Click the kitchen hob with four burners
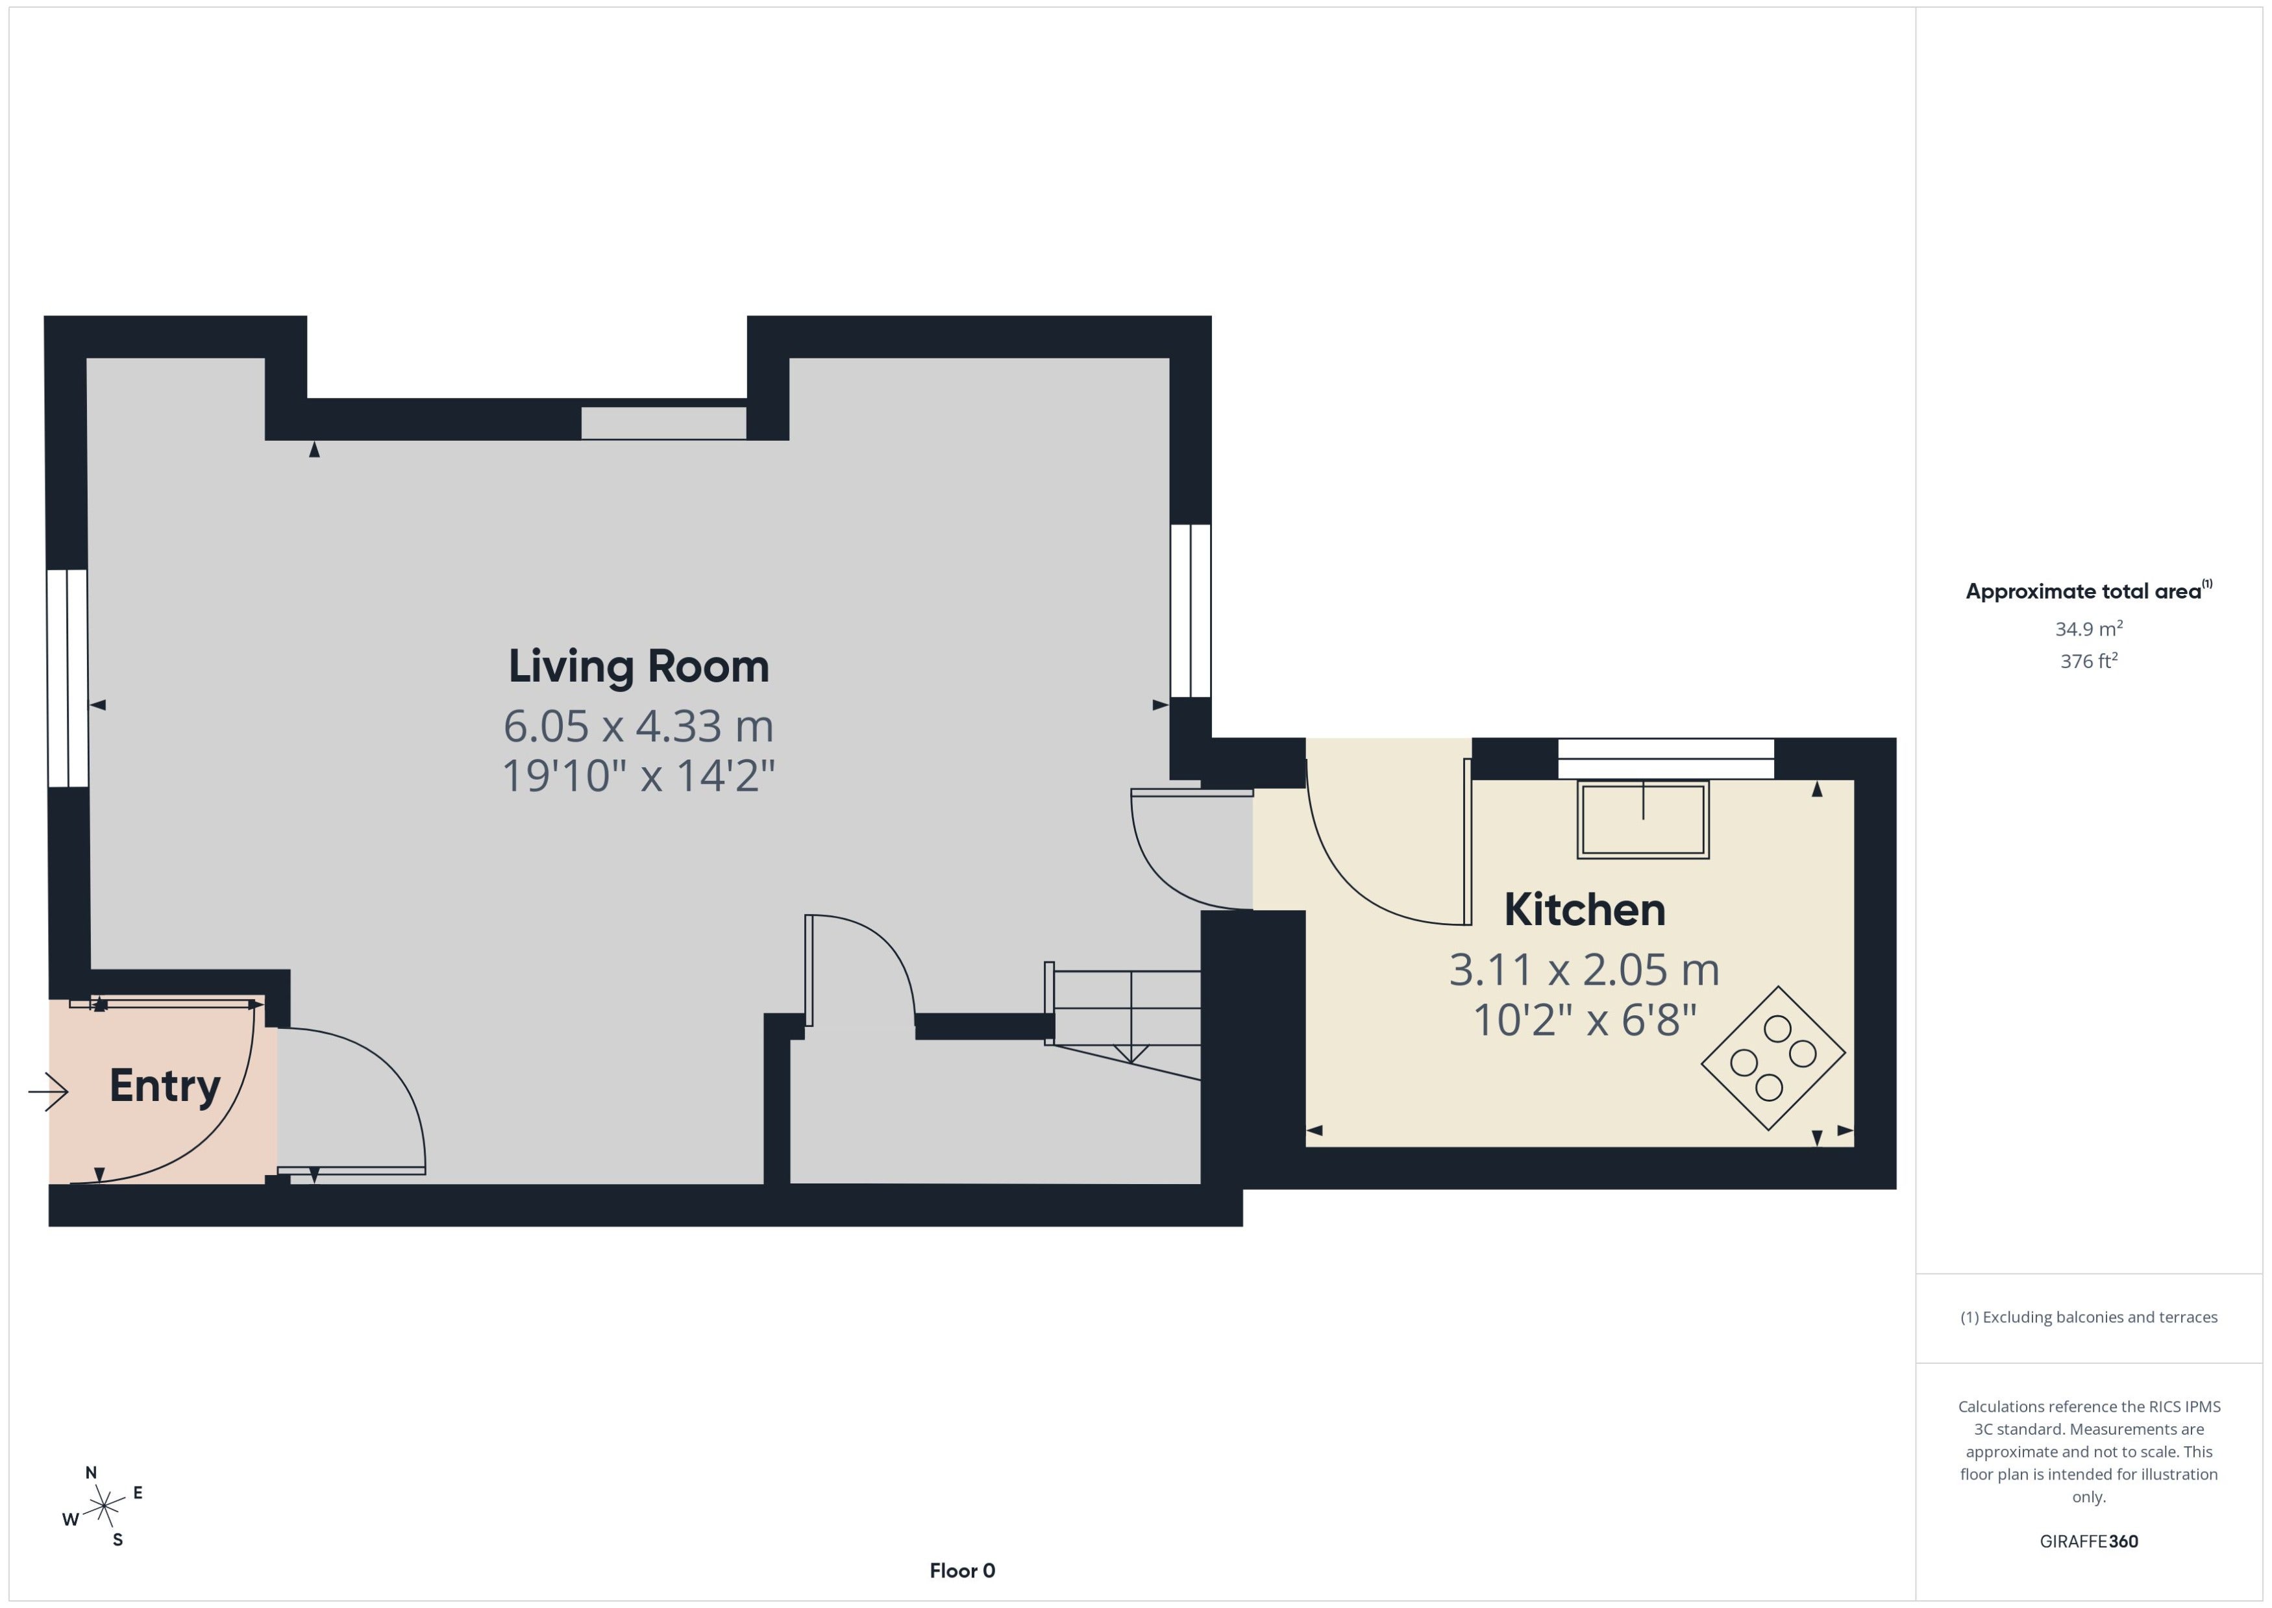click(x=1773, y=1058)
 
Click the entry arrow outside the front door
click(x=47, y=1092)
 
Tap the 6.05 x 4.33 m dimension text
click(x=639, y=726)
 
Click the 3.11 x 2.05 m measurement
click(x=1584, y=969)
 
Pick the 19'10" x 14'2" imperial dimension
click(x=639, y=775)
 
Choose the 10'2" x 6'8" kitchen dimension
click(x=1584, y=1019)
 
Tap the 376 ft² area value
click(x=2089, y=660)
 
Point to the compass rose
click(x=103, y=1507)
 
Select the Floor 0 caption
click(x=962, y=1570)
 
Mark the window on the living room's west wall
click(x=68, y=678)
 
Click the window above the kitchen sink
click(x=1666, y=758)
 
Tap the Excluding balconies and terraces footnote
click(x=2089, y=1317)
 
